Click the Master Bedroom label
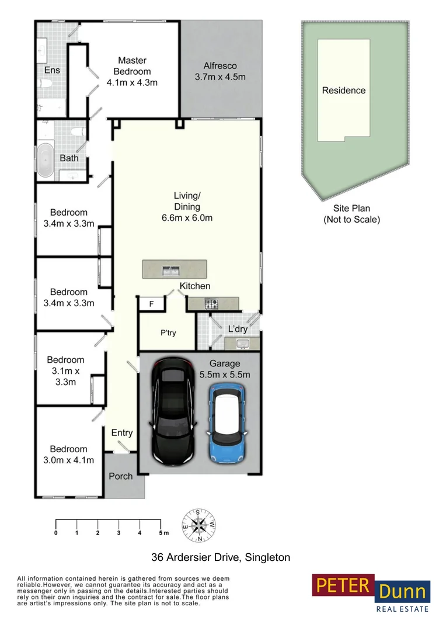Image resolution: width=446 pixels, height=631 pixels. click(132, 71)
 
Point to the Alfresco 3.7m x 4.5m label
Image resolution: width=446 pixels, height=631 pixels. click(220, 71)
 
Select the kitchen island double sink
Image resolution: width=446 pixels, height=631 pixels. click(170, 269)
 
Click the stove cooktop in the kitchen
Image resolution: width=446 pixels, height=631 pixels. click(211, 303)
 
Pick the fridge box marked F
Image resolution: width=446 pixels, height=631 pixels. click(151, 304)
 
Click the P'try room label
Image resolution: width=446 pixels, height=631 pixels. click(168, 333)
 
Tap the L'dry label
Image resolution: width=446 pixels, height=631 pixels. click(238, 329)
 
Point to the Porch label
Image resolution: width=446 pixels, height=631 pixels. click(121, 476)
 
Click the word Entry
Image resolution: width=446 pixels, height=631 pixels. click(122, 433)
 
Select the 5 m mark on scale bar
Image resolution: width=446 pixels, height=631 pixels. click(161, 533)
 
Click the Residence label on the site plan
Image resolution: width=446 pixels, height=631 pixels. click(344, 91)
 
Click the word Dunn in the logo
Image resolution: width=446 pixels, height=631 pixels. click(403, 592)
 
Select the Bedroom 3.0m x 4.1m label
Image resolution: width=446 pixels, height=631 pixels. click(68, 454)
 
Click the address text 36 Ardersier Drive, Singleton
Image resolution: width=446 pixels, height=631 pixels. click(221, 557)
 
